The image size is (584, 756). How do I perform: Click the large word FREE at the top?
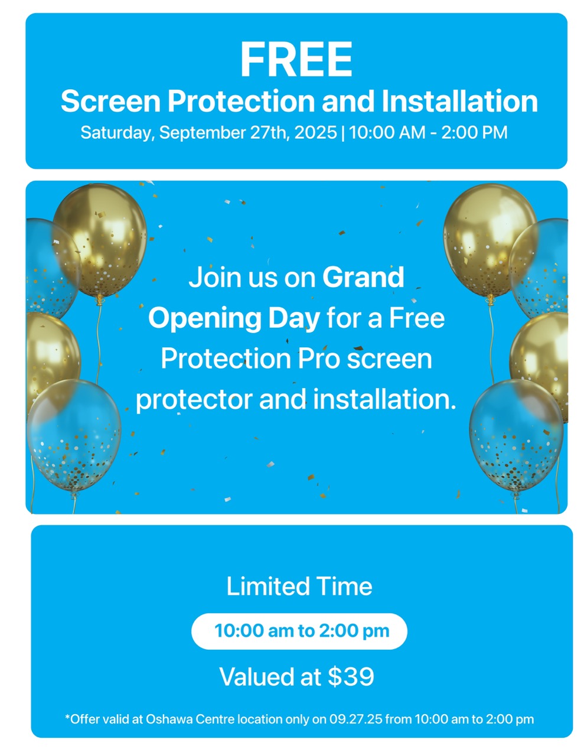coord(296,59)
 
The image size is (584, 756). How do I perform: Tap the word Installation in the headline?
coord(459,101)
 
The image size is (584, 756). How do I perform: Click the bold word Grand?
coord(363,277)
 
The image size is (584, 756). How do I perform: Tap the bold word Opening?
coord(205,320)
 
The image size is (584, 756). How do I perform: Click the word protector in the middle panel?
coord(194,400)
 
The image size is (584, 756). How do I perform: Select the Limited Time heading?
coord(299,586)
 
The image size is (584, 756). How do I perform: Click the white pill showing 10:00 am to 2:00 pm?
coord(299,631)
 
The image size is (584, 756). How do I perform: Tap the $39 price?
coord(351,677)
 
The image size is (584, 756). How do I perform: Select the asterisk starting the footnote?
coord(67,716)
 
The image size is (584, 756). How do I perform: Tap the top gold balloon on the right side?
coord(489,240)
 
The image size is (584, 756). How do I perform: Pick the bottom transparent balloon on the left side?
coord(74,435)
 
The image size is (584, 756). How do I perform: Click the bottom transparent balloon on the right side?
coord(516,435)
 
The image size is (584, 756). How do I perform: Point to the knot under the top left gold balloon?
coord(100,299)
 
